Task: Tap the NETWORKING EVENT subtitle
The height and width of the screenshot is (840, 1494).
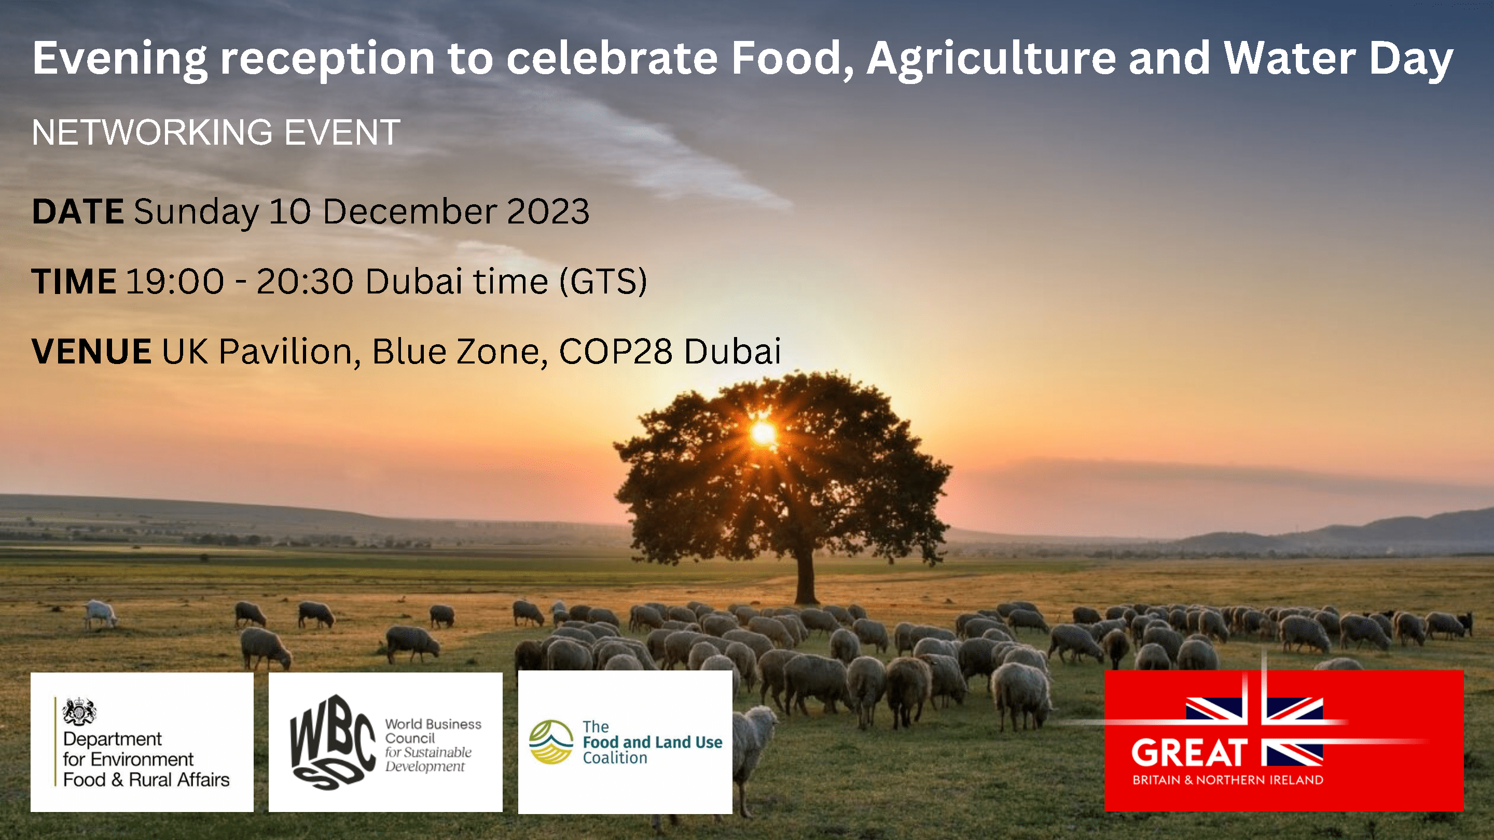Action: tap(216, 132)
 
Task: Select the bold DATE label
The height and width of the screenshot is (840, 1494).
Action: tap(78, 211)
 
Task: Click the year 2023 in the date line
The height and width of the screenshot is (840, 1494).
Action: tap(548, 211)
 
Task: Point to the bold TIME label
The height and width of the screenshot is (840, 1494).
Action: tap(74, 281)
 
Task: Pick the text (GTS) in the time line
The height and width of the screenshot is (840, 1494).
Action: tap(603, 282)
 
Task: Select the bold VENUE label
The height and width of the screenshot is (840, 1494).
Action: tap(92, 352)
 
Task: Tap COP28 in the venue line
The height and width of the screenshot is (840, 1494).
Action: tap(615, 352)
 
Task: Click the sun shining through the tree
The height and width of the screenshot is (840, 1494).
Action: tap(763, 432)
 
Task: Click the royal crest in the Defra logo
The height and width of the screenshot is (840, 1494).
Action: tap(79, 711)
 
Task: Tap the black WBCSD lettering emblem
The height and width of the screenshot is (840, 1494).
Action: tap(333, 742)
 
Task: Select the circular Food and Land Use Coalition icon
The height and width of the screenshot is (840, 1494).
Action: tap(550, 742)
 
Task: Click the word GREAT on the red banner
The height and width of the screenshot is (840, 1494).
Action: tap(1189, 753)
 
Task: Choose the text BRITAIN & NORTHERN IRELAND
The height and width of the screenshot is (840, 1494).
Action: tap(1228, 780)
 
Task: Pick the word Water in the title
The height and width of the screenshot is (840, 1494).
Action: tap(1290, 58)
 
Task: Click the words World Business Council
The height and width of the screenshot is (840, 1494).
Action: tap(433, 731)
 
